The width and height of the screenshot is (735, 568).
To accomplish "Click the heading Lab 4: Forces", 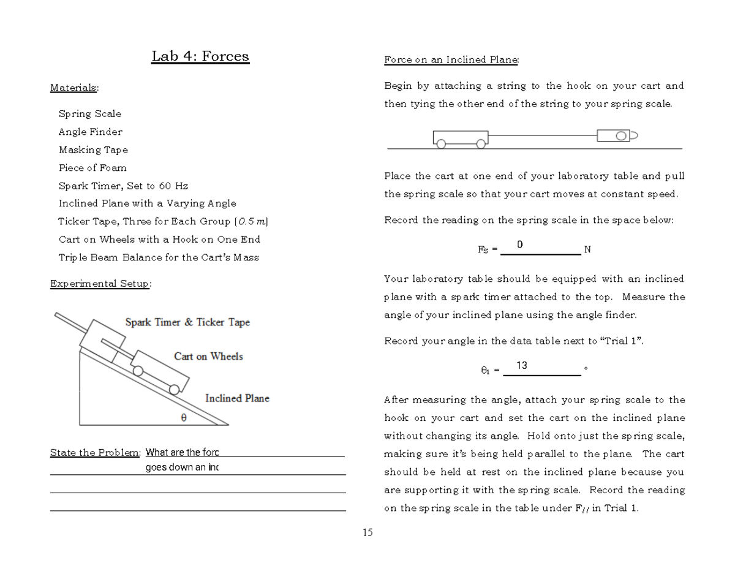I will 200,57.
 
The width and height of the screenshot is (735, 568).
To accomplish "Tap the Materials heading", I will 73,88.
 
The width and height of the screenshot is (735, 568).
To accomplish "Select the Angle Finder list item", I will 91,132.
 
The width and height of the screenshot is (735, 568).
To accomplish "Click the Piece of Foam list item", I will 92,168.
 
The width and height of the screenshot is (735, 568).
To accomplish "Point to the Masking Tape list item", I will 93,150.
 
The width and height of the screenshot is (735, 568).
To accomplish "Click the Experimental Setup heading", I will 100,284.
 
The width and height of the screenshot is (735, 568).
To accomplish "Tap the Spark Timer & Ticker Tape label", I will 187,322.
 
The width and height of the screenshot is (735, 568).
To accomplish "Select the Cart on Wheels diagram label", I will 208,357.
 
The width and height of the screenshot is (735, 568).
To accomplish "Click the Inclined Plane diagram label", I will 237,398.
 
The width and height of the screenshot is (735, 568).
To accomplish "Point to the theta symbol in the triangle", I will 183,417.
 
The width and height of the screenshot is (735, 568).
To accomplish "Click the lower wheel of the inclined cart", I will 175,389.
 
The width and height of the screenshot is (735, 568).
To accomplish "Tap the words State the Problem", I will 95,453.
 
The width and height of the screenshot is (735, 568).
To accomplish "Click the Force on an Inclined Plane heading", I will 451,60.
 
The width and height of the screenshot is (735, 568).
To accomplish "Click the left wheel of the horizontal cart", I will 441,145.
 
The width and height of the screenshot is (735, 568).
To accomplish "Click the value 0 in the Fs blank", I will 519,245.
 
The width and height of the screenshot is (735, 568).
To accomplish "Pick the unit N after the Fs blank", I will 587,249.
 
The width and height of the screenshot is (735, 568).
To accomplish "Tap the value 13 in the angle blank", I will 522,366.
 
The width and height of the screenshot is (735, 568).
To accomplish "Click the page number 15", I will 367,532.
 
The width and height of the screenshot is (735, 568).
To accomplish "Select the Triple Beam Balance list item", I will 159,257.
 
